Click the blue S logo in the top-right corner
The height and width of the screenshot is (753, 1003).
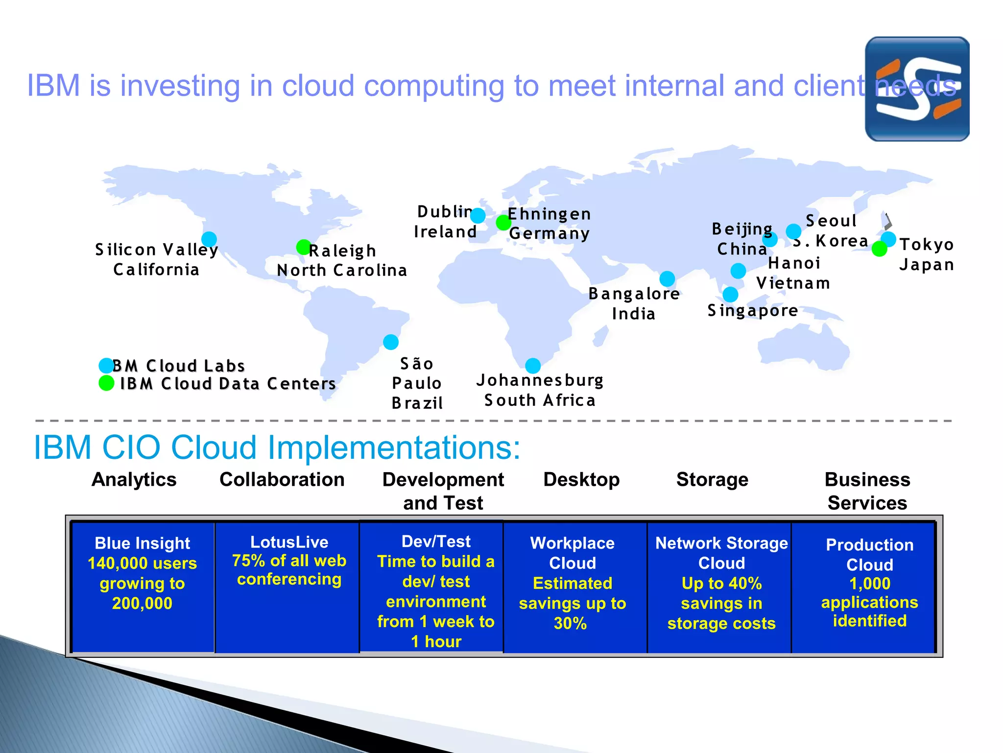point(917,89)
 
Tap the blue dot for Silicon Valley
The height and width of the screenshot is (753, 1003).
point(209,239)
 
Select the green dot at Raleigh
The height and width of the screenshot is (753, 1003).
point(304,247)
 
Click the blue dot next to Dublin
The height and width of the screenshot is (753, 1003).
point(478,215)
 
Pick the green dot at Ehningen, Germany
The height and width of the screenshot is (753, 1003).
point(503,223)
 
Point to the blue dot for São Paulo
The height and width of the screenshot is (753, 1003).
point(391,342)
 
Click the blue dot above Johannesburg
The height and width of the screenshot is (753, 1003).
point(533,366)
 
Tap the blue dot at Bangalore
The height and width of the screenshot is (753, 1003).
point(667,279)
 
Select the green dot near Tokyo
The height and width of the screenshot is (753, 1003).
point(880,249)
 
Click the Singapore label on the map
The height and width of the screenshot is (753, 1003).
point(753,311)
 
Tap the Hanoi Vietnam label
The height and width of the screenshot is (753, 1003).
point(793,273)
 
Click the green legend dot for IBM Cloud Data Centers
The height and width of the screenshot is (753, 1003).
point(106,383)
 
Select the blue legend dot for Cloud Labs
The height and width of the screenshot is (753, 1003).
point(106,365)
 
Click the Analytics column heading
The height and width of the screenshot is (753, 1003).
point(134,479)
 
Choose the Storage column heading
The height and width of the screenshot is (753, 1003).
point(712,479)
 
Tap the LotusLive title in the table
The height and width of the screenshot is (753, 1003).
point(289,542)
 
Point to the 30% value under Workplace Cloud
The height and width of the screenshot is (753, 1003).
point(570,623)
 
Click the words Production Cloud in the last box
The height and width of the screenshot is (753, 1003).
point(869,554)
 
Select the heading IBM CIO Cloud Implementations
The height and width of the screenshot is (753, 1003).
point(277,447)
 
